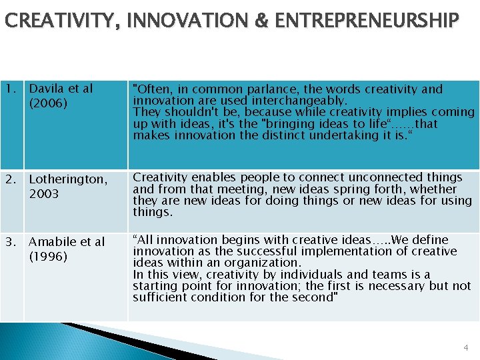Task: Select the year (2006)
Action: (49, 103)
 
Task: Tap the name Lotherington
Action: (67, 179)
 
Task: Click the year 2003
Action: (44, 194)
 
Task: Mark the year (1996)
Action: (49, 257)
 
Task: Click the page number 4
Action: (466, 347)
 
